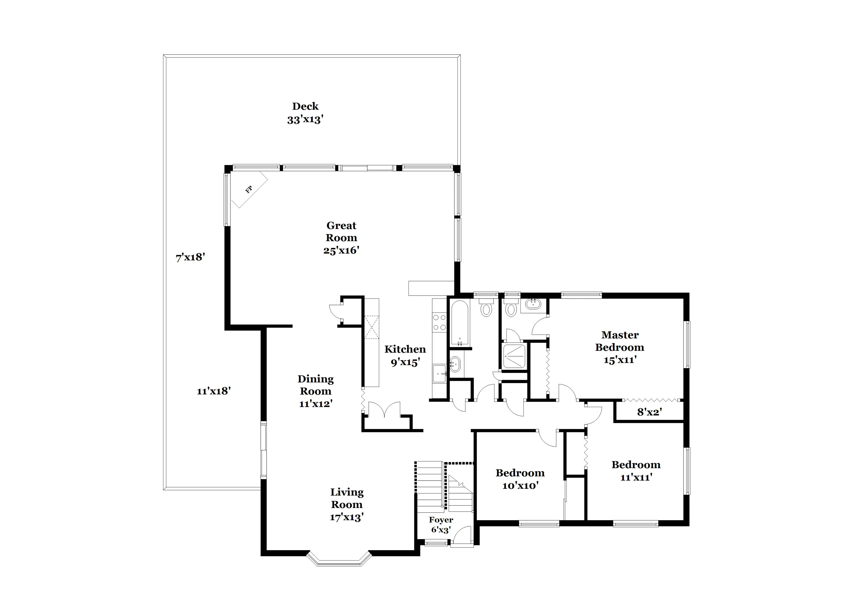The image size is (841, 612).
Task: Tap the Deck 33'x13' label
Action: point(305,113)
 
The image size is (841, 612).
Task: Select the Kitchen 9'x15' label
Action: point(405,355)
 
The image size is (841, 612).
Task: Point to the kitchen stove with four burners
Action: point(439,322)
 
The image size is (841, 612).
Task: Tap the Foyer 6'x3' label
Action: point(441,525)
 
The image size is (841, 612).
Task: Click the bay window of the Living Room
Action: point(339,561)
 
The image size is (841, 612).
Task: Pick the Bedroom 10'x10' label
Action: point(520,479)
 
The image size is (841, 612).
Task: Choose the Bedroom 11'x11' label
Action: point(636,470)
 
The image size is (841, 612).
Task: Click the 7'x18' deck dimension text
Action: point(190,257)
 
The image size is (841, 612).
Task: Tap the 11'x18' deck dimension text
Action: point(214,391)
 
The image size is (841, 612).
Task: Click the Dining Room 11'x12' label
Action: point(316,391)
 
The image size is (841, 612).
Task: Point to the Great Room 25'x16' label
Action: point(341,237)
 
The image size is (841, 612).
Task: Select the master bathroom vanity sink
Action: point(533,304)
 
